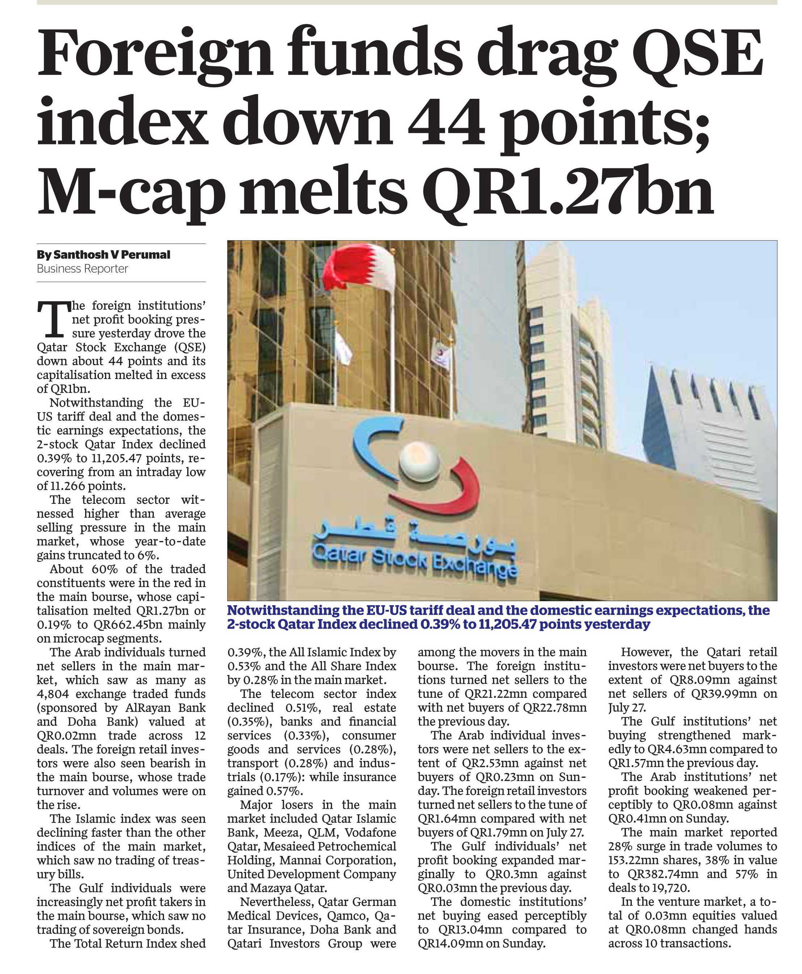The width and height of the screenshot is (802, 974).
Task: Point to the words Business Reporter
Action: click(x=82, y=269)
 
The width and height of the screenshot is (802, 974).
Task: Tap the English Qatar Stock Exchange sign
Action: click(x=414, y=561)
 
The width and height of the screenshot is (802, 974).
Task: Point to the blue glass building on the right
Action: click(x=707, y=425)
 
